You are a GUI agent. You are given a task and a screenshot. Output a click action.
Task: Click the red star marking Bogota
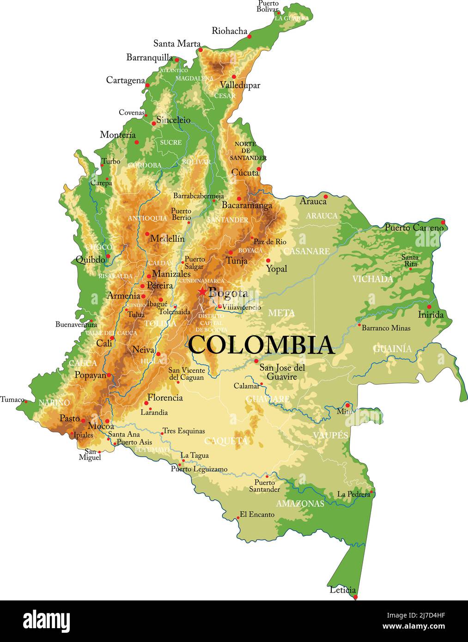point(202,291)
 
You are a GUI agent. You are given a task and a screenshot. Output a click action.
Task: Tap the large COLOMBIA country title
point(261,345)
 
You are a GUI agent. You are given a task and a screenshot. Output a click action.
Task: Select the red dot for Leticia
point(355,597)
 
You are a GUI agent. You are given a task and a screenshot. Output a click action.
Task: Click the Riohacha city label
point(229,31)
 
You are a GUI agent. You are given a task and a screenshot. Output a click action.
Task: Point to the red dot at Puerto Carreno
point(443,222)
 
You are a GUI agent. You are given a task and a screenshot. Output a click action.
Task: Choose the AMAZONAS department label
point(300,503)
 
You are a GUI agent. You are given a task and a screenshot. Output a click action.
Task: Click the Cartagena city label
point(125,80)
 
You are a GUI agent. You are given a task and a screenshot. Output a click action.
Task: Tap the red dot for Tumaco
point(26,401)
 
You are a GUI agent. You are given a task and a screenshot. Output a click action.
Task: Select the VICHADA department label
point(372,279)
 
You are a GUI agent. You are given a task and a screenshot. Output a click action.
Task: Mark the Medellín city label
point(167,239)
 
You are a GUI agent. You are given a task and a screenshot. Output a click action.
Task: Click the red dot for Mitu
point(347,405)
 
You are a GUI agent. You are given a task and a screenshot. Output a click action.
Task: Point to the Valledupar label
point(240,85)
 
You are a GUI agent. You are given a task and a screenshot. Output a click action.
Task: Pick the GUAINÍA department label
point(392,349)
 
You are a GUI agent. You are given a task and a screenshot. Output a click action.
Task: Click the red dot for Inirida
point(429,306)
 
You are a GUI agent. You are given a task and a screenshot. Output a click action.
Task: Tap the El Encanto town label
point(257,514)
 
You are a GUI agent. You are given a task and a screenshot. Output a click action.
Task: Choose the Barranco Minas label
point(386,328)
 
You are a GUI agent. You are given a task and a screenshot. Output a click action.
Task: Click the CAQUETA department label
point(226,441)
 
